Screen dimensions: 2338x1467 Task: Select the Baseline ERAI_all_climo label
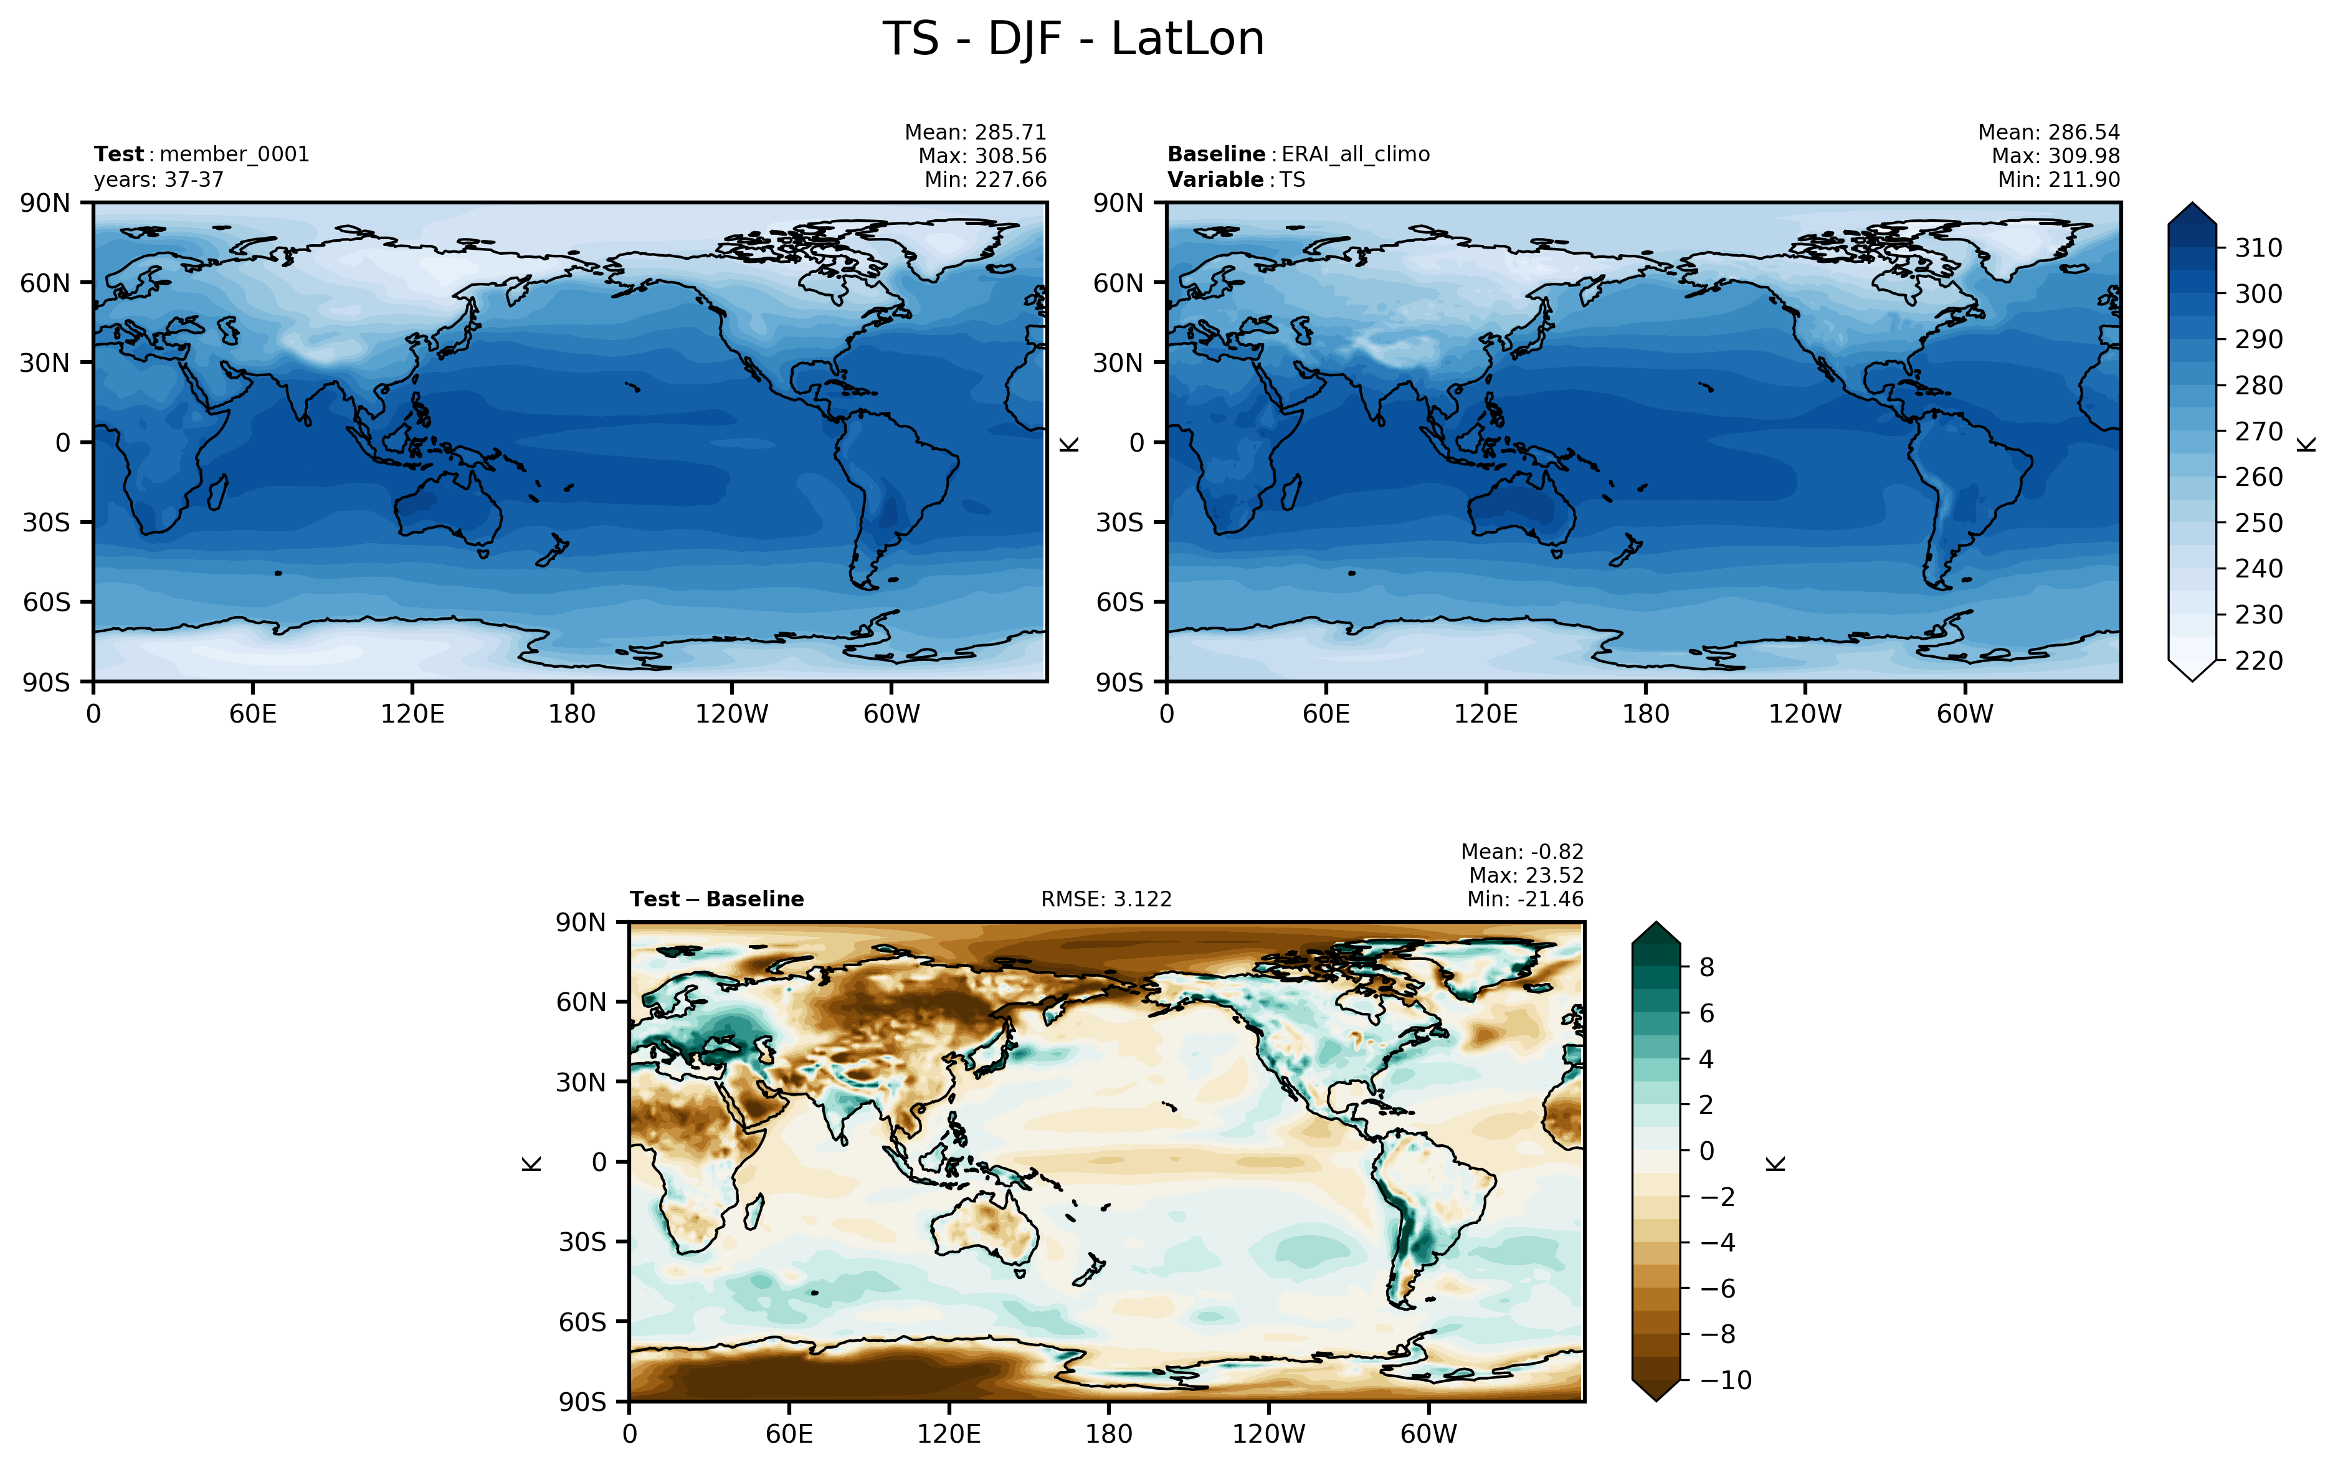[1298, 154]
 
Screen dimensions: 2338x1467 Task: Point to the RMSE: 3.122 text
[1106, 900]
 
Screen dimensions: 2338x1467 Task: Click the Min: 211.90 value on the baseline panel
[2059, 179]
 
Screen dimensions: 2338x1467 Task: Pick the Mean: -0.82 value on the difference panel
[1522, 852]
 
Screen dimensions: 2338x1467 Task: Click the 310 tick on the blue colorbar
[2258, 249]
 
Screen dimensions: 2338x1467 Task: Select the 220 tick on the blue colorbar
[2258, 661]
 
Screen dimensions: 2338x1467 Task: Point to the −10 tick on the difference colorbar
[1726, 1380]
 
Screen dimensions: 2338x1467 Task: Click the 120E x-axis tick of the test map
[412, 714]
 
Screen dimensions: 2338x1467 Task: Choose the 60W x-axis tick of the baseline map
[1964, 714]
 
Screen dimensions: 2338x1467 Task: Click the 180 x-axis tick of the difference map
[1109, 1434]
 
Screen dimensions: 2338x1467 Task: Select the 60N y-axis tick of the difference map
[581, 1002]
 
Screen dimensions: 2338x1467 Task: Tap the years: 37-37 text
[159, 179]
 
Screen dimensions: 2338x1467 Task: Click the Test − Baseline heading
[717, 900]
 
